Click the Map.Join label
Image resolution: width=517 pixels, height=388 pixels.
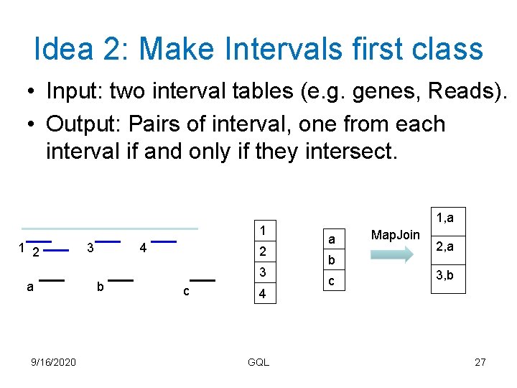click(395, 235)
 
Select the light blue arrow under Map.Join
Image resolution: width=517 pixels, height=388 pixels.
click(395, 254)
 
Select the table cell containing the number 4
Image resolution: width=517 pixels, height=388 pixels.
click(262, 294)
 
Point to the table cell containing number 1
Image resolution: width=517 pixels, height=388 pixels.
click(262, 231)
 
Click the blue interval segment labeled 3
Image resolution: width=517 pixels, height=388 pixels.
click(107, 241)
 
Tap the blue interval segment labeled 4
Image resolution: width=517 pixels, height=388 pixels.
click(164, 241)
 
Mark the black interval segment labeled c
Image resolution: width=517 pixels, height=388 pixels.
click(203, 280)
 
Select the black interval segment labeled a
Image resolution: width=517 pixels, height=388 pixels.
click(52, 280)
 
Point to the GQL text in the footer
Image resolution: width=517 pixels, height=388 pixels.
click(258, 362)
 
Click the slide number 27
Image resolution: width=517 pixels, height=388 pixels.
click(480, 362)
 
